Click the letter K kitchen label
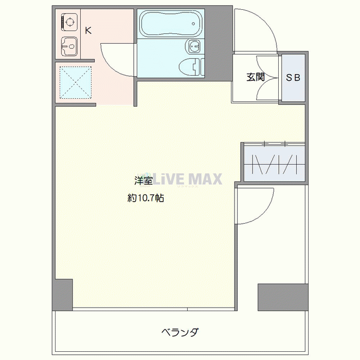pos(88,30)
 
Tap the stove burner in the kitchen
pos(68,22)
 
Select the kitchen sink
pos(68,47)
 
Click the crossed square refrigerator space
pos(75,82)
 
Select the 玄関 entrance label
pos(255,78)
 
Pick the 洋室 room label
pos(143,181)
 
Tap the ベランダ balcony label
pos(179,332)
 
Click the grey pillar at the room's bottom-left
pos(62,295)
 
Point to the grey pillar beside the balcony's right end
pos(282,297)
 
